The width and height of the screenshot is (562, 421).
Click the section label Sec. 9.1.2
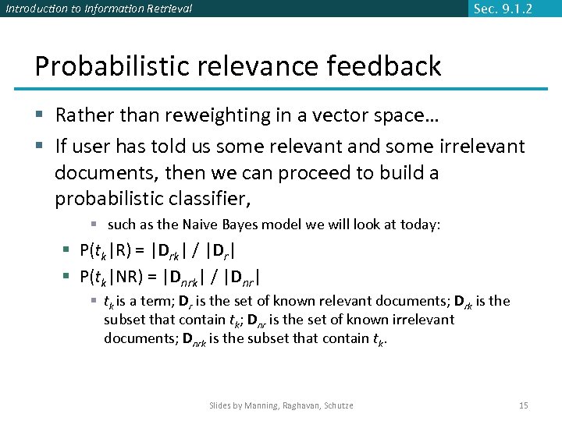click(503, 9)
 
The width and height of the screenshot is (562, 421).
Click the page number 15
click(523, 405)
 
